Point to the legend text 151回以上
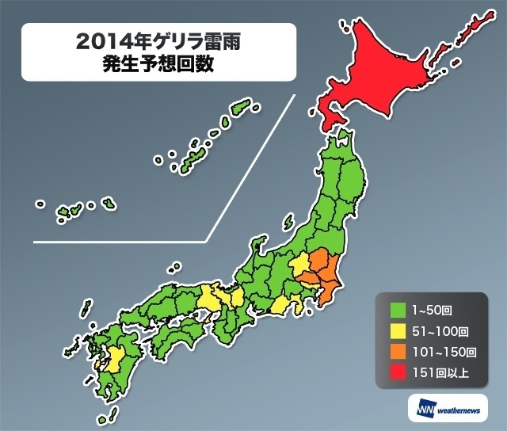pyautogui.click(x=436, y=374)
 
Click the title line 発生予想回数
pyautogui.click(x=158, y=65)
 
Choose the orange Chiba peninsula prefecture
pyautogui.click(x=330, y=288)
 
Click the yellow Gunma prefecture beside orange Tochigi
pyautogui.click(x=299, y=264)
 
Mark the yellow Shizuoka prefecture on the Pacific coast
pyautogui.click(x=281, y=305)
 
